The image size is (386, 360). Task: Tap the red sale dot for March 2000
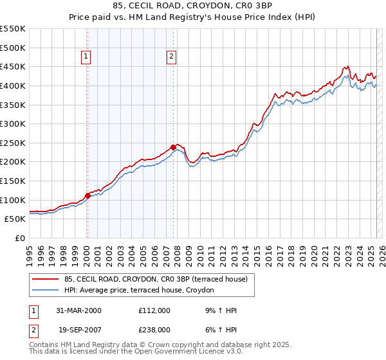(88, 195)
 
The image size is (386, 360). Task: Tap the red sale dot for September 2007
(173, 147)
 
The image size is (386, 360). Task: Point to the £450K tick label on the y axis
(13, 66)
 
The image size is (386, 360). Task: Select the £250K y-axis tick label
(13, 143)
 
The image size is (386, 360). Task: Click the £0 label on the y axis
(19, 238)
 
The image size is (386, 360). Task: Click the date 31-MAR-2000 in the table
(78, 310)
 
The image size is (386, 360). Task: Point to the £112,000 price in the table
(154, 310)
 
